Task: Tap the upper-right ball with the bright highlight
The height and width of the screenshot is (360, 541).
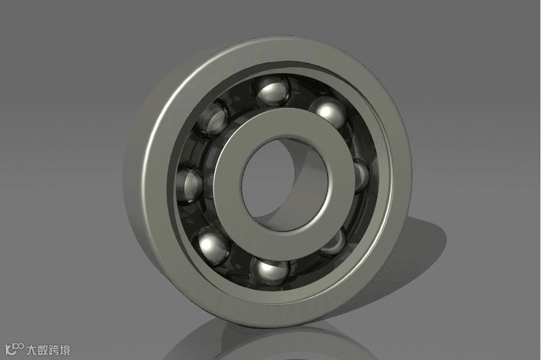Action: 327,113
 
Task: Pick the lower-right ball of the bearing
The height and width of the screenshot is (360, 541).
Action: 334,242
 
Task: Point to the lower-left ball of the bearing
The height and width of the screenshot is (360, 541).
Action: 214,245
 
